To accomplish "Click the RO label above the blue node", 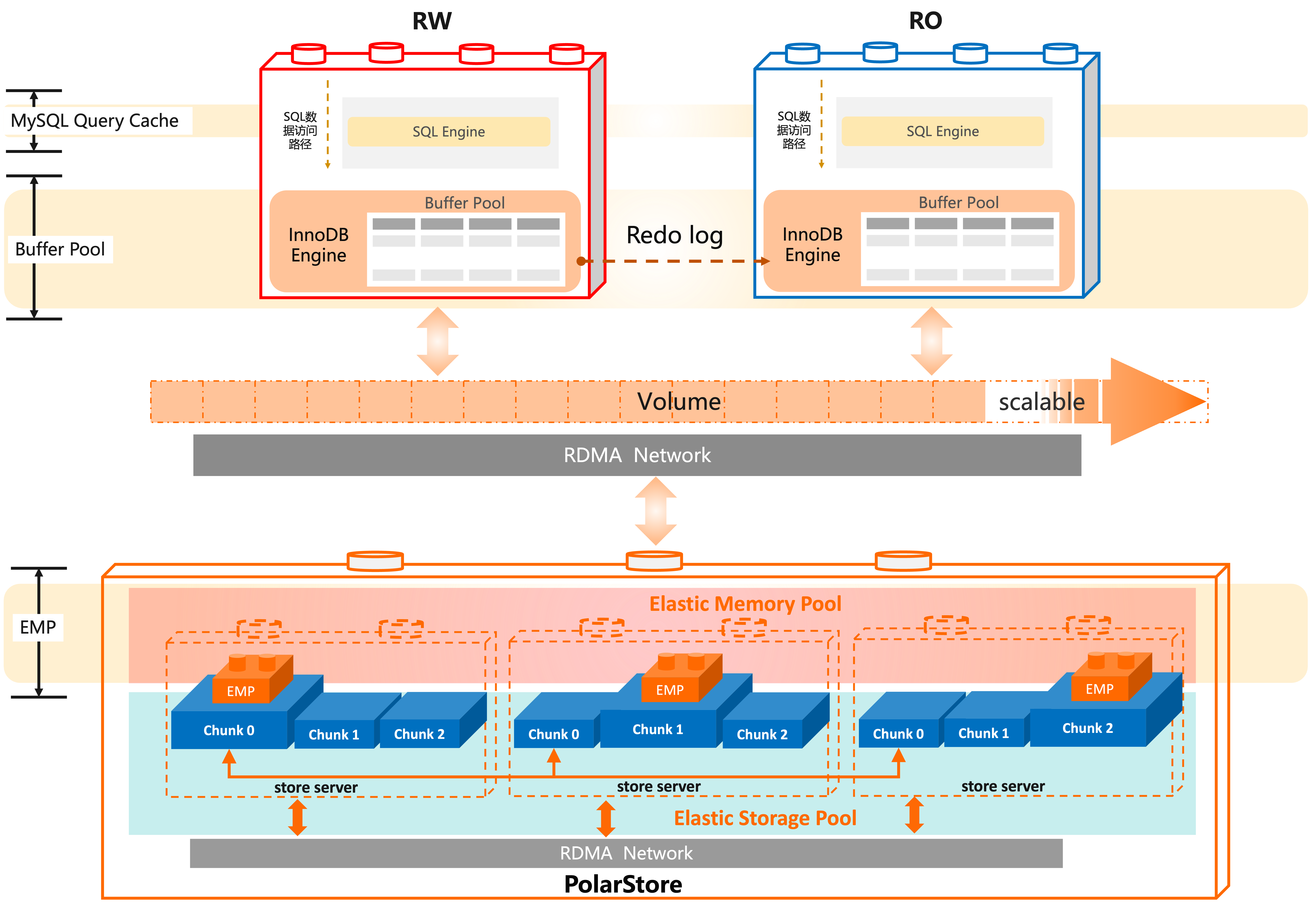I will click(925, 21).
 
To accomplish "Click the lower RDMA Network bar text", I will click(626, 853).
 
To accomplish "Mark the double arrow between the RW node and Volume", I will click(438, 342).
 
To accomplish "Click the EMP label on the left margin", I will click(38, 627).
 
